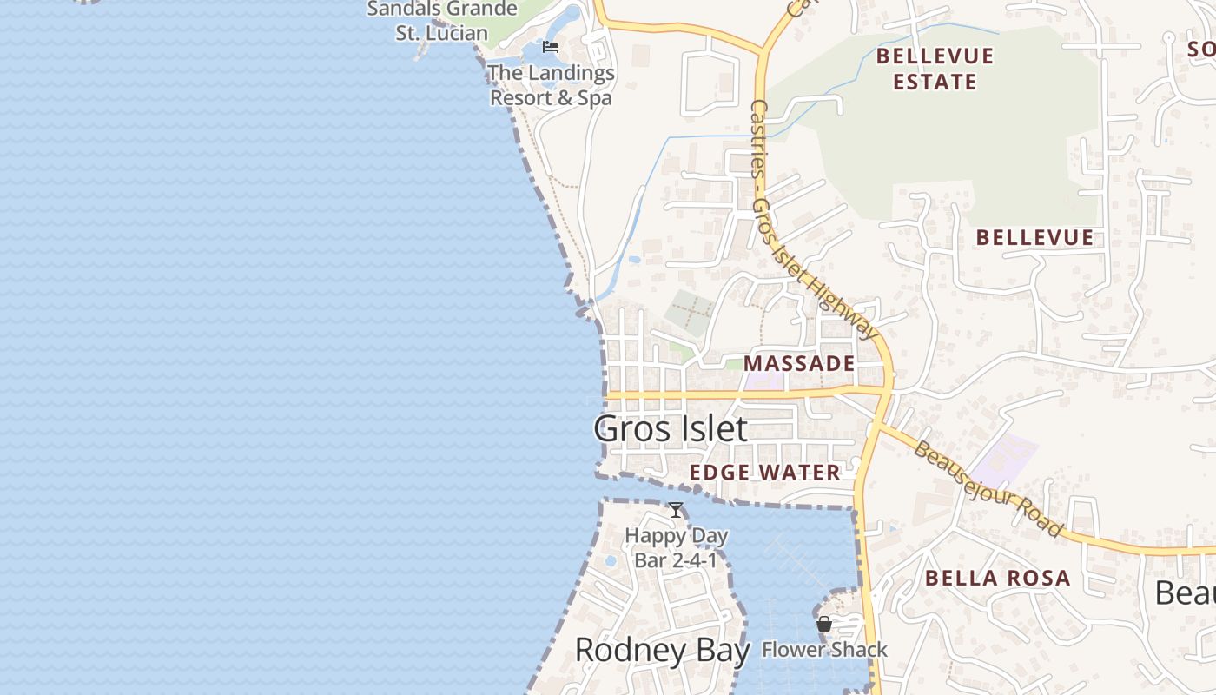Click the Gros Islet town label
click(x=670, y=429)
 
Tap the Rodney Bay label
click(x=662, y=650)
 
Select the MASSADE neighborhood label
click(x=799, y=364)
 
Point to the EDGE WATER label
click(x=765, y=473)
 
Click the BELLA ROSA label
click(x=997, y=579)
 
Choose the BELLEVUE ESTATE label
click(x=935, y=69)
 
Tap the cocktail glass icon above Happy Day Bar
click(x=676, y=510)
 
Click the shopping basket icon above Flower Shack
click(x=824, y=624)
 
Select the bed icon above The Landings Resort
click(x=550, y=47)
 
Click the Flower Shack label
click(x=824, y=650)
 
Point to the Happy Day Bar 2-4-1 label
click(x=676, y=548)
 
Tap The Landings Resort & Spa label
click(x=551, y=85)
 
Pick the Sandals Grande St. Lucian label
click(x=442, y=22)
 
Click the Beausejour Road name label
click(x=988, y=489)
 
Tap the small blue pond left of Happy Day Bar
click(x=610, y=561)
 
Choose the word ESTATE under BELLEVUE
click(x=935, y=83)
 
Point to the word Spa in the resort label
click(x=595, y=98)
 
